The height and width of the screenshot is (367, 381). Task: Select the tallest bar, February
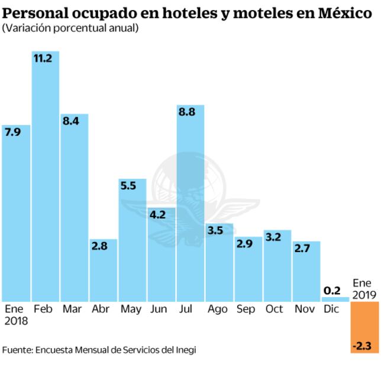(x=46, y=178)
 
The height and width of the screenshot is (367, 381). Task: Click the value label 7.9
(x=12, y=132)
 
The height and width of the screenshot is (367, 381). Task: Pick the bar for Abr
(x=103, y=272)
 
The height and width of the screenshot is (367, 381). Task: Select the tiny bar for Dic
(x=335, y=299)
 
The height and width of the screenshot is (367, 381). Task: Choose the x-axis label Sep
(x=245, y=309)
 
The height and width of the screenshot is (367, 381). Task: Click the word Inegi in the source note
(x=183, y=349)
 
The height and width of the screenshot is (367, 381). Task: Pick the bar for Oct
(x=277, y=266)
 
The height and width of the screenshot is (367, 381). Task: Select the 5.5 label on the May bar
(x=129, y=186)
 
